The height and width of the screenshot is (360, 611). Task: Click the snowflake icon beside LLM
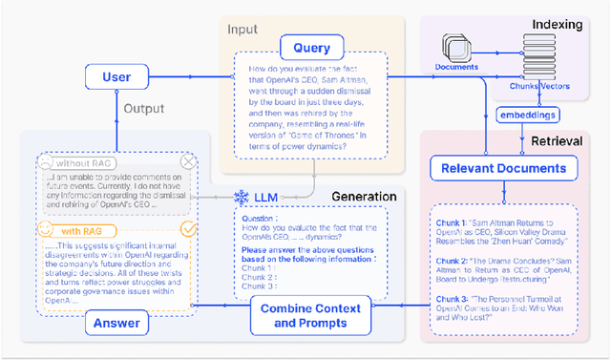pyautogui.click(x=241, y=198)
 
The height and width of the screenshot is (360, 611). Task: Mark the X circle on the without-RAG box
pyautogui.click(x=189, y=162)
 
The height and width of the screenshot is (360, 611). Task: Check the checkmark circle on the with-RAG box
pyautogui.click(x=189, y=229)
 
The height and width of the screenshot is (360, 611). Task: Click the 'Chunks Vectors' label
pyautogui.click(x=539, y=86)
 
